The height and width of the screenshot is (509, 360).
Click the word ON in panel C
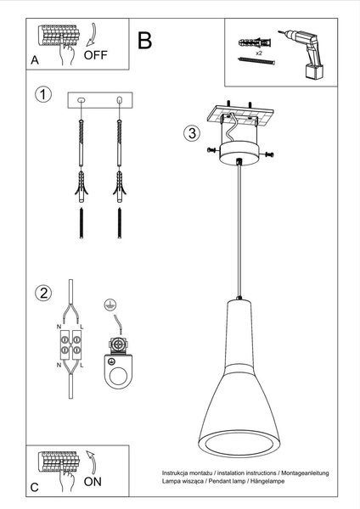pyautogui.click(x=95, y=481)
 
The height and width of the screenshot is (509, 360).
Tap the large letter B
pyautogui.click(x=145, y=39)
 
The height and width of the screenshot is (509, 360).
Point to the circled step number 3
pyautogui.click(x=193, y=132)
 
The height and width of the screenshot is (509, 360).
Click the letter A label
pyautogui.click(x=35, y=61)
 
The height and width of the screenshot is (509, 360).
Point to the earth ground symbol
pyautogui.click(x=109, y=305)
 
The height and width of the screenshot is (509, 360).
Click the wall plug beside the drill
pyautogui.click(x=254, y=40)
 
